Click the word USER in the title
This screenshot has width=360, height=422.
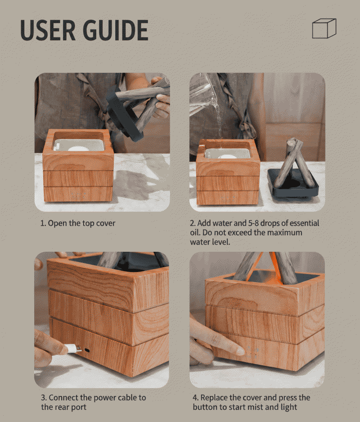(48, 30)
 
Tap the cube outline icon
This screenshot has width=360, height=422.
(324, 28)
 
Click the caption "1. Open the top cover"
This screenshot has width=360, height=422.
(78, 223)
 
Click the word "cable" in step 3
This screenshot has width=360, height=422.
(120, 398)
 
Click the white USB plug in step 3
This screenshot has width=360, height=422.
(73, 349)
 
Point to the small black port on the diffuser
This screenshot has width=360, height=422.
(87, 350)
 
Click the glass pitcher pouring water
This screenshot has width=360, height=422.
(203, 93)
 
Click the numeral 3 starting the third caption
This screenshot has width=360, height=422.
(43, 398)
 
